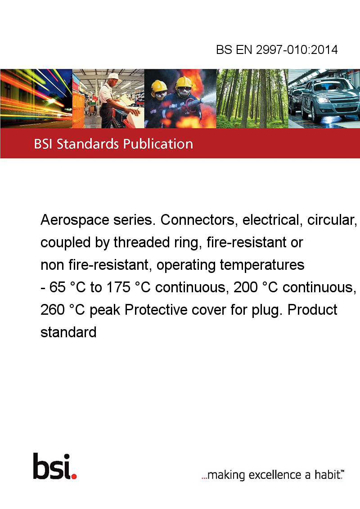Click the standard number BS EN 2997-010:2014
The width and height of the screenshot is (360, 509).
coord(277,49)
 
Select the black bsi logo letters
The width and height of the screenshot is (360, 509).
coord(51,466)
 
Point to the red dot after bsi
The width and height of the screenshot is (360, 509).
coord(74,476)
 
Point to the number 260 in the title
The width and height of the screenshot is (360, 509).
coord(53,310)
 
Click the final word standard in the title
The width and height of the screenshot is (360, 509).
coord(68,332)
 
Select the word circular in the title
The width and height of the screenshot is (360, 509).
coord(332,220)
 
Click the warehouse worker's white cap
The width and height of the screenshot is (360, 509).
coord(113,76)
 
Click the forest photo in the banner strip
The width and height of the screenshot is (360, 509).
coord(252,98)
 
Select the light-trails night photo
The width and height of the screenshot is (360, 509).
coord(36,98)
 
